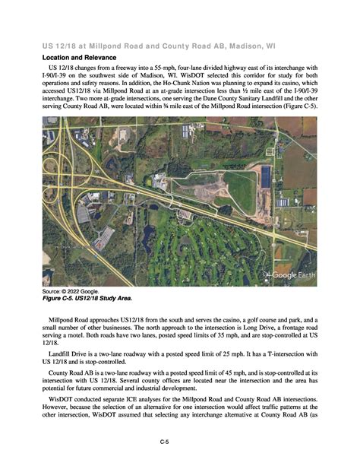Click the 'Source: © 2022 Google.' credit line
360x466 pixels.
click(x=73, y=292)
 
